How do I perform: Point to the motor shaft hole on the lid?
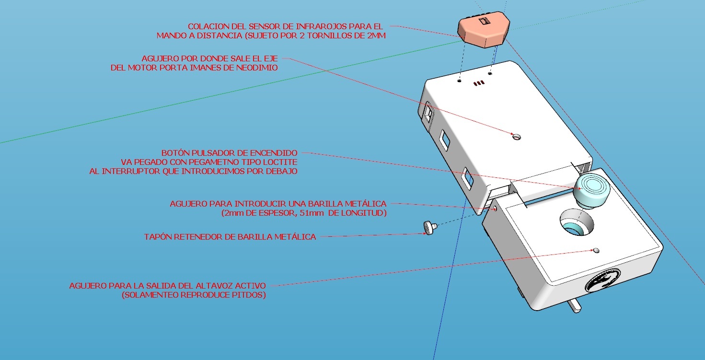click(x=516, y=137)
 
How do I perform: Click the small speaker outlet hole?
click(x=596, y=250)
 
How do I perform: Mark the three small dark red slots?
click(x=479, y=83)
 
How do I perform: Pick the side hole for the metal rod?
click(x=495, y=208)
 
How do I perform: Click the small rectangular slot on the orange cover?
click(x=484, y=21)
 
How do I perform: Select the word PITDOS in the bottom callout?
click(x=250, y=295)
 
